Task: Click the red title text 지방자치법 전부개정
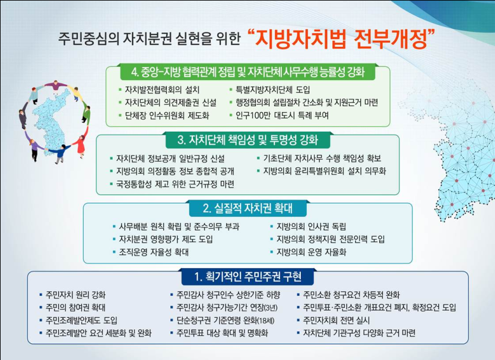(x=342, y=39)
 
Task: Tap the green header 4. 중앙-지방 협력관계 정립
(x=247, y=72)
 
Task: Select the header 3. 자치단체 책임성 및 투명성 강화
(x=248, y=140)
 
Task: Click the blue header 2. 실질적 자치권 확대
(x=248, y=209)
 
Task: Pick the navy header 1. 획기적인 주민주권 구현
(x=248, y=277)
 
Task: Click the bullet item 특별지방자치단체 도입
(x=273, y=90)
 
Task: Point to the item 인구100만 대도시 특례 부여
(x=283, y=116)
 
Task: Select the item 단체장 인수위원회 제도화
(x=167, y=116)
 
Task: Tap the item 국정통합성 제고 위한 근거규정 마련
(x=175, y=184)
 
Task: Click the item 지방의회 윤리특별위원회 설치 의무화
(x=325, y=171)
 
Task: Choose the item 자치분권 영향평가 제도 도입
(x=166, y=239)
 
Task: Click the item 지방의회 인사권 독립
(x=311, y=226)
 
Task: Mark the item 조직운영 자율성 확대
(x=154, y=252)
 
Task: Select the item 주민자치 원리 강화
(x=76, y=295)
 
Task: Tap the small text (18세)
(x=266, y=321)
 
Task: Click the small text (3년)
(x=271, y=308)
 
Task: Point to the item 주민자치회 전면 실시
(x=336, y=321)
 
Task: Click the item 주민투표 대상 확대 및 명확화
(x=222, y=333)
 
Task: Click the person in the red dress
(x=81, y=146)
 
